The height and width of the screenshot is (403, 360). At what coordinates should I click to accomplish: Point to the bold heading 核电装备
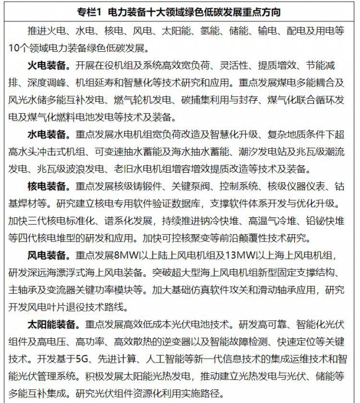[46, 185]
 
